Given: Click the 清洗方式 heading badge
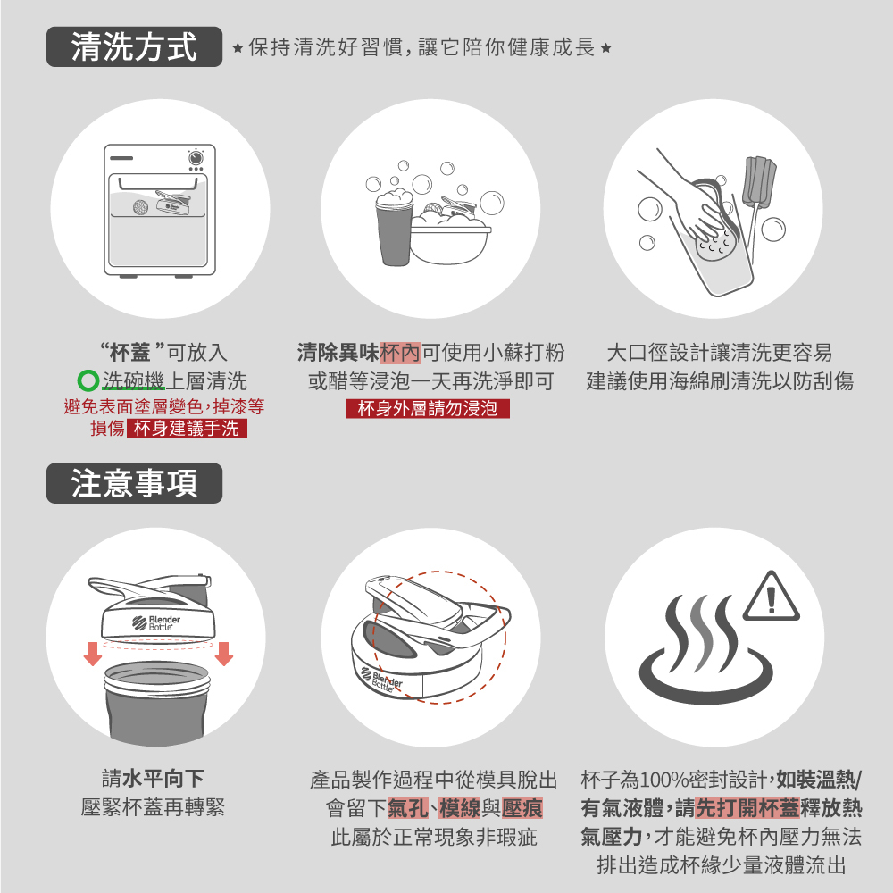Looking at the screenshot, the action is click(x=135, y=46).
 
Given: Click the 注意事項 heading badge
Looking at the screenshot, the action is click(x=135, y=483).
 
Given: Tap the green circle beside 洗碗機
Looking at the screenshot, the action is click(x=88, y=380).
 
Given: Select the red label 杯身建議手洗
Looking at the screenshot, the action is click(x=187, y=429).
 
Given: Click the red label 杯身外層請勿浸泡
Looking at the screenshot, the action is click(x=427, y=408).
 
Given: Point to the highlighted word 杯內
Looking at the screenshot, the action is click(x=400, y=353).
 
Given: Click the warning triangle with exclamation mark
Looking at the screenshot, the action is click(x=772, y=597).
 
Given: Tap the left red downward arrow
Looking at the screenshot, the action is click(x=93, y=654).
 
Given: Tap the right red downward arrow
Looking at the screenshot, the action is click(x=224, y=654).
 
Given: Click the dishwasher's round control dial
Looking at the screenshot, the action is click(x=196, y=156).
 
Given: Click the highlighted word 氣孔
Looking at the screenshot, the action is click(x=408, y=808).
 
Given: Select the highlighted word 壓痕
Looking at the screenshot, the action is click(x=522, y=808).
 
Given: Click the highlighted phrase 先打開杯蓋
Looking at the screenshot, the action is click(x=747, y=808).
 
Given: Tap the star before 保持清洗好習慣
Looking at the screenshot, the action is click(x=238, y=48).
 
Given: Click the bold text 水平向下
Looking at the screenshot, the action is click(x=163, y=779).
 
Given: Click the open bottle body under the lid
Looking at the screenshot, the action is click(x=157, y=702).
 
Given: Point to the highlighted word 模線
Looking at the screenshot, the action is click(x=460, y=808).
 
